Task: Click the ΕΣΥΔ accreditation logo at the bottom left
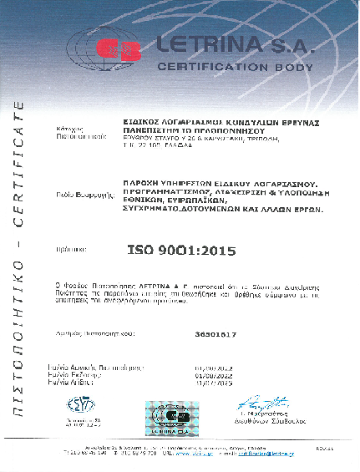81,406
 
